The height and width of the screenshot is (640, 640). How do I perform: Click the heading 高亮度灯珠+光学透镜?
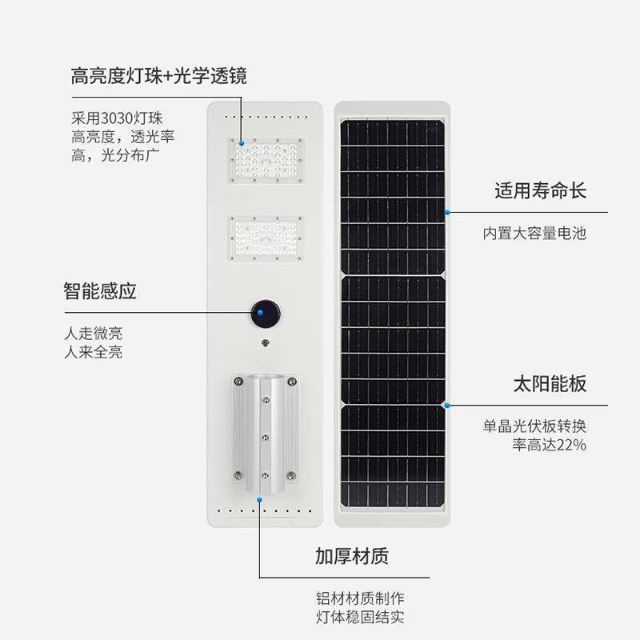[x=158, y=77]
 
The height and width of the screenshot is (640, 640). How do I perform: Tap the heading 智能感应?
[x=100, y=290]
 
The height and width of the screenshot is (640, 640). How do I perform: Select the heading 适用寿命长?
[x=540, y=190]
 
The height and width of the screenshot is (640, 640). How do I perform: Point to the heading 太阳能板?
[x=550, y=383]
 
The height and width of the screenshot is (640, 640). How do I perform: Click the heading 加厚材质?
[x=352, y=556]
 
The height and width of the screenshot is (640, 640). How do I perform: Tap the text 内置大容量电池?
[x=534, y=234]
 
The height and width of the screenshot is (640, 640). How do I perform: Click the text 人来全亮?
[x=93, y=352]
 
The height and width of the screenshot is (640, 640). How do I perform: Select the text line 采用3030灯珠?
[x=117, y=119]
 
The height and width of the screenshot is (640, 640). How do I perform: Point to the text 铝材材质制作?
[x=360, y=598]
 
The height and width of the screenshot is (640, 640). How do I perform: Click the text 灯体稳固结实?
[x=360, y=617]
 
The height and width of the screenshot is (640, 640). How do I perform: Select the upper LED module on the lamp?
[x=267, y=160]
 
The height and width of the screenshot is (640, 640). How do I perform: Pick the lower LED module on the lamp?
[x=267, y=238]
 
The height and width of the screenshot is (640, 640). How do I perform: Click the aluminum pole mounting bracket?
[x=265, y=432]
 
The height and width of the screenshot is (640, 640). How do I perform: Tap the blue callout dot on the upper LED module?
[x=240, y=142]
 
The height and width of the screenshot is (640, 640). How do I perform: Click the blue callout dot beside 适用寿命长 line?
[x=447, y=213]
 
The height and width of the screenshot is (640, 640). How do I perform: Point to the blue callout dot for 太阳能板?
[x=447, y=406]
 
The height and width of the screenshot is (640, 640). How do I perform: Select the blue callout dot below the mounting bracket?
[x=260, y=499]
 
